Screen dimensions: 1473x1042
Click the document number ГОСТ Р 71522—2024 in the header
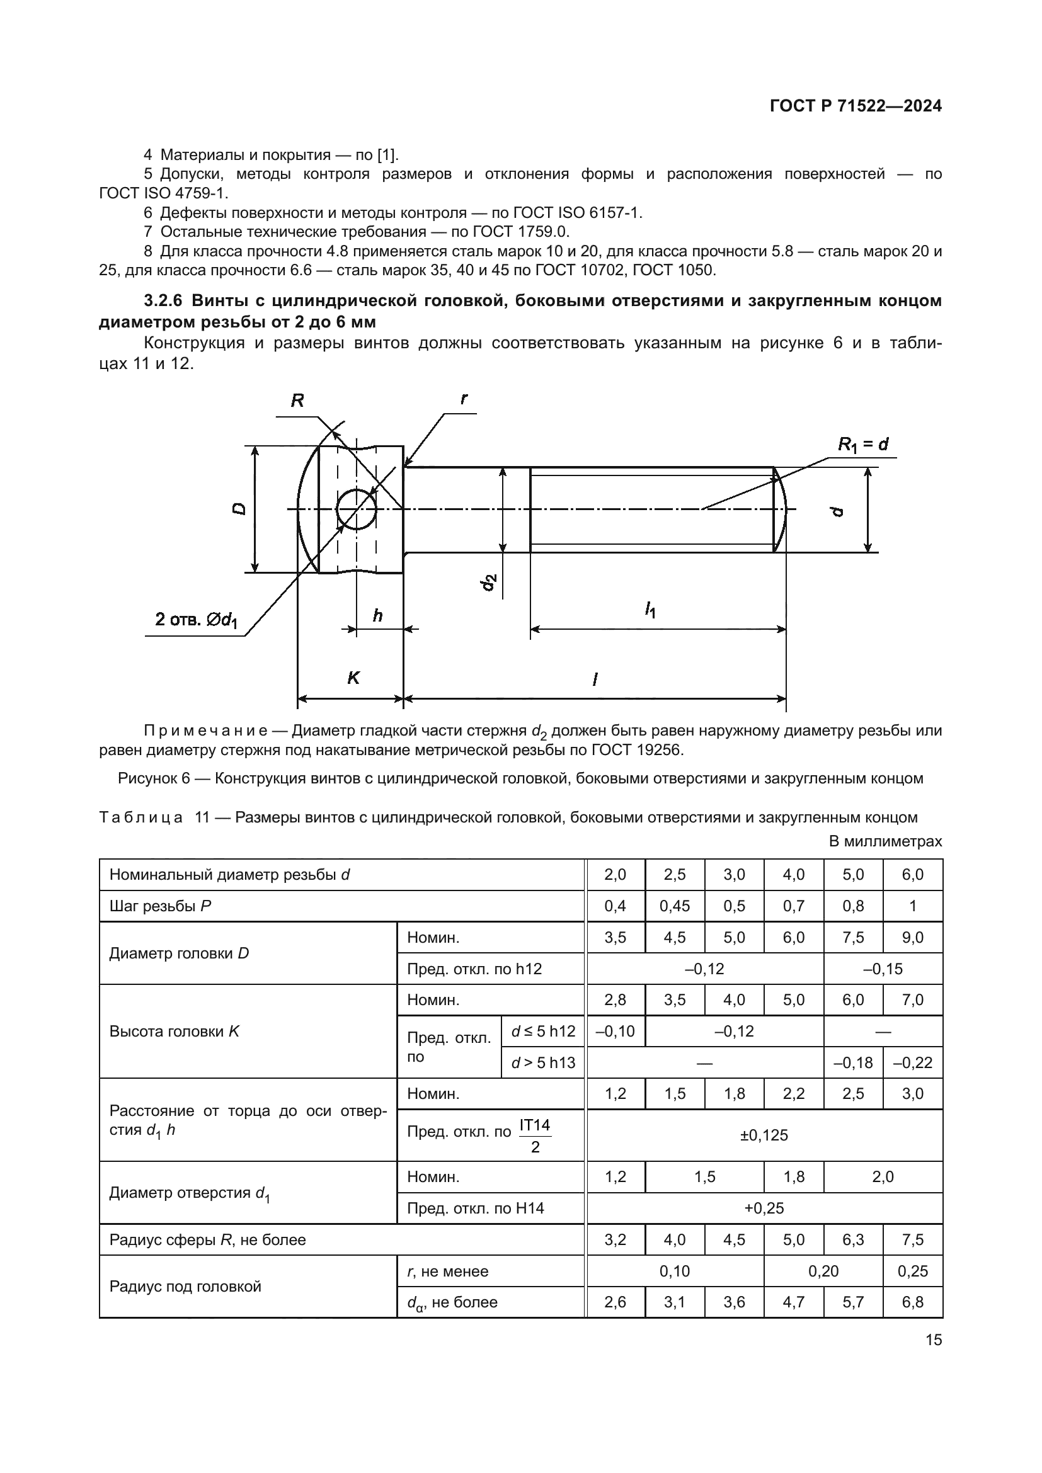pyautogui.click(x=856, y=106)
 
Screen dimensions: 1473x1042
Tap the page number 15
pyautogui.click(x=934, y=1340)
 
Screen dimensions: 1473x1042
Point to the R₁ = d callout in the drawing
pyautogui.click(x=863, y=445)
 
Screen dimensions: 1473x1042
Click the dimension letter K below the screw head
pyautogui.click(x=353, y=678)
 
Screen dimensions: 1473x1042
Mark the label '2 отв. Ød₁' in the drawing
pyautogui.click(x=197, y=620)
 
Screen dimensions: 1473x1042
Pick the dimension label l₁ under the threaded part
pyautogui.click(x=651, y=609)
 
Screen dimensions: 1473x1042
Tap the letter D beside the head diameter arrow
pyautogui.click(x=239, y=509)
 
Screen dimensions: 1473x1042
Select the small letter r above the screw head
pyautogui.click(x=464, y=399)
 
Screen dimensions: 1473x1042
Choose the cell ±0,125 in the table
pyautogui.click(x=764, y=1135)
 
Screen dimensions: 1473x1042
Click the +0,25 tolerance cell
pyautogui.click(x=764, y=1209)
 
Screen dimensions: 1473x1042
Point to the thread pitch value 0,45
pyautogui.click(x=674, y=906)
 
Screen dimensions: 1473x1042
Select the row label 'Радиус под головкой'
pyautogui.click(x=185, y=1287)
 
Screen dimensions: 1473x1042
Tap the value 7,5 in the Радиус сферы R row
pyautogui.click(x=912, y=1239)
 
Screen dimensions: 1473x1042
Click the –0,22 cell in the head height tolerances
pyautogui.click(x=912, y=1063)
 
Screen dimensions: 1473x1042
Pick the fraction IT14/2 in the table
pyautogui.click(x=534, y=1135)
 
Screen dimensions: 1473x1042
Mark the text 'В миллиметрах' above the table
pyautogui.click(x=885, y=841)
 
